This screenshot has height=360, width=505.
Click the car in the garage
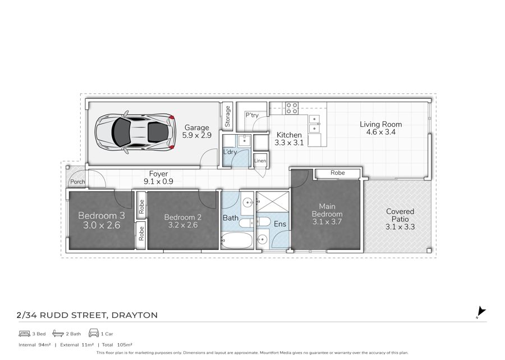pyautogui.click(x=135, y=132)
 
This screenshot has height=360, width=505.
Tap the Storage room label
pyautogui.click(x=227, y=116)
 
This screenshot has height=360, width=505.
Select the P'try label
pyautogui.click(x=252, y=115)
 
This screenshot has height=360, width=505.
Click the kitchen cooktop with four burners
pyautogui.click(x=292, y=108)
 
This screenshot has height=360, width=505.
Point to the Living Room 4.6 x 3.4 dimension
pyautogui.click(x=380, y=132)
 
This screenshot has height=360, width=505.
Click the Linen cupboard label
pyautogui.click(x=260, y=161)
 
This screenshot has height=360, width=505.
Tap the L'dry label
pyautogui.click(x=230, y=152)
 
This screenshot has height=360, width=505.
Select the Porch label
pyautogui.click(x=77, y=182)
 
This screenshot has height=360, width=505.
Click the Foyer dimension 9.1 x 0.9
pyautogui.click(x=158, y=181)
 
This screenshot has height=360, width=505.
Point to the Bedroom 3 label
pyautogui.click(x=102, y=216)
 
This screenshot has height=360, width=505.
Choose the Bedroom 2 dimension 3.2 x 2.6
pyautogui.click(x=182, y=225)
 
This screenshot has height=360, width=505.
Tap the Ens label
pyautogui.click(x=280, y=224)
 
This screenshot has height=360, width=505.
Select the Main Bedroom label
pyautogui.click(x=327, y=210)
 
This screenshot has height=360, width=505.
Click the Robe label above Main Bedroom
pyautogui.click(x=338, y=173)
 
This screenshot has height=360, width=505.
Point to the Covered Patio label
pyautogui.click(x=400, y=215)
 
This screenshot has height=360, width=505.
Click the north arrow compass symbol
pyautogui.click(x=481, y=312)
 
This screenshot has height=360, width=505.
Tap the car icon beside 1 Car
pyautogui.click(x=94, y=333)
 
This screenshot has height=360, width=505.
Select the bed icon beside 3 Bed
pyautogui.click(x=25, y=334)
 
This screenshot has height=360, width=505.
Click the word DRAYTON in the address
pyautogui.click(x=134, y=315)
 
